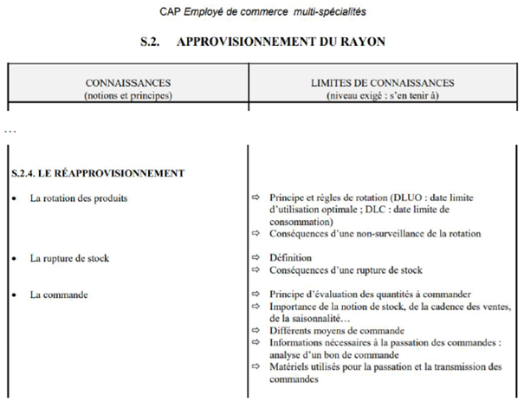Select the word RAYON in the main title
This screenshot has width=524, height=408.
[x=359, y=42]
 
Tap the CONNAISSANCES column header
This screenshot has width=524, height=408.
[x=127, y=82]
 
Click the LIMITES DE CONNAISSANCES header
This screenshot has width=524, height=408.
[x=382, y=82]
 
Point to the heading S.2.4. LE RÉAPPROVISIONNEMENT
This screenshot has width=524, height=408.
[x=98, y=172]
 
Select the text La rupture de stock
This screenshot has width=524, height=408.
[x=69, y=258]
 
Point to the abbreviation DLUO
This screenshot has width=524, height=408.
[x=409, y=198]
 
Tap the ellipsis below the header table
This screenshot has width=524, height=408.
[x=10, y=131]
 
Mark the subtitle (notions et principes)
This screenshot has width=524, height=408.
[x=127, y=94]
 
